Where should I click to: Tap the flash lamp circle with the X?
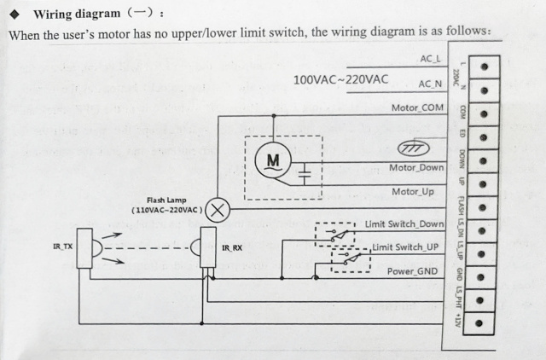click(220, 209)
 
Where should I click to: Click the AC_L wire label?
click(430, 59)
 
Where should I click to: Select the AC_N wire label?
click(430, 84)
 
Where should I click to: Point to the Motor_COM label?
click(417, 107)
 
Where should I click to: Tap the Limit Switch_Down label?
click(404, 224)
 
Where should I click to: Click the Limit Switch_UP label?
click(405, 247)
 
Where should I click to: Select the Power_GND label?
click(412, 270)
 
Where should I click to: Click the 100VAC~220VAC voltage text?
click(340, 80)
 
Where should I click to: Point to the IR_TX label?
click(62, 247)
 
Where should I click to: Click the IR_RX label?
click(231, 248)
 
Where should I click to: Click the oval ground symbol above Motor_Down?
click(414, 147)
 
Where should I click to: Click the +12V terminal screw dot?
click(482, 322)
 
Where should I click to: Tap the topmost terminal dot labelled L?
click(482, 67)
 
